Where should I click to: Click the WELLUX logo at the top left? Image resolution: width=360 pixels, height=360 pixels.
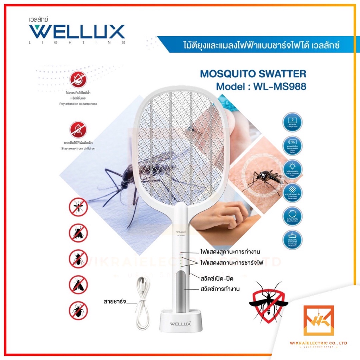coord(77,32)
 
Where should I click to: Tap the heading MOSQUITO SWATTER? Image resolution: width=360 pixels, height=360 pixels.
coord(253,74)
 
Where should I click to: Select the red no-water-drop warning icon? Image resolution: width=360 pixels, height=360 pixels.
coord(78,80)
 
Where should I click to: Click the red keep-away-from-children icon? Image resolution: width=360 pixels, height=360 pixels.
coord(78,129)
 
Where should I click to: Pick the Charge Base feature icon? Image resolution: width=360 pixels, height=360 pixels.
coord(292,122)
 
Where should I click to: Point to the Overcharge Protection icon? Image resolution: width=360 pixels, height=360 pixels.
coord(292,239)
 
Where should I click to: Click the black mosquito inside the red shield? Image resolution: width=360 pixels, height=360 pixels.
coord(268,302)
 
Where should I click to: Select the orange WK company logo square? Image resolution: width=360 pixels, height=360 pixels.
coord(318,321)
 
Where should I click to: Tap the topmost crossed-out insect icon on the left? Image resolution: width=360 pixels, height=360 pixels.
coord(78,207)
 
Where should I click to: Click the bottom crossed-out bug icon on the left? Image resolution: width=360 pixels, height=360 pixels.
coord(78,310)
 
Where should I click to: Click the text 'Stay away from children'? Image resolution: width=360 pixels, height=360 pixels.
coord(78,149)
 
